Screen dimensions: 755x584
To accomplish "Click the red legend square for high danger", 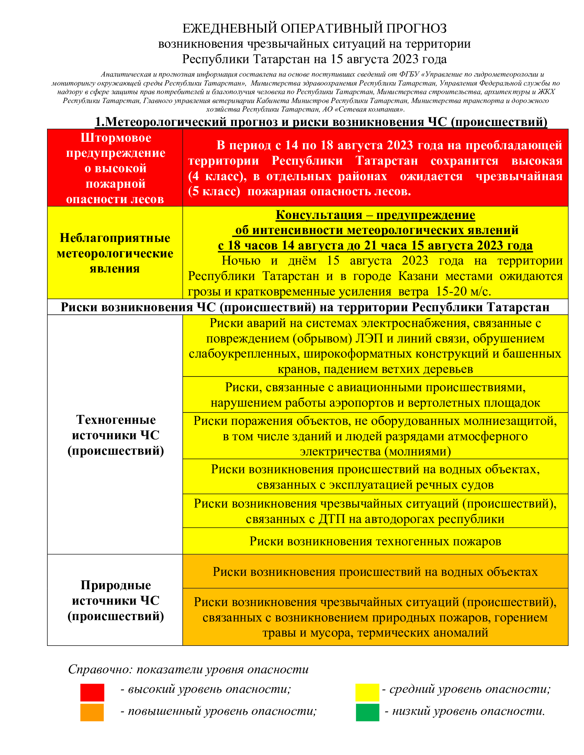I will click(92, 693).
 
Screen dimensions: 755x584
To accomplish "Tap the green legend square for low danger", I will click(368, 712).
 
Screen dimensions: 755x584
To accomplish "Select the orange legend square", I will click(92, 712).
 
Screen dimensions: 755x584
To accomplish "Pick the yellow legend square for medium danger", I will click(368, 693).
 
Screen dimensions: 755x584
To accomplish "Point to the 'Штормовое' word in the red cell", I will click(116, 138).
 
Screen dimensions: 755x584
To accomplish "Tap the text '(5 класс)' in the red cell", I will click(214, 191).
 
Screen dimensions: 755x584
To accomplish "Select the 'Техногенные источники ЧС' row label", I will click(116, 435).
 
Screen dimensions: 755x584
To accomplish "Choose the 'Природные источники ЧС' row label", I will click(116, 601).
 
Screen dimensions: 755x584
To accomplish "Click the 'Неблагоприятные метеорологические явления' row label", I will click(115, 253).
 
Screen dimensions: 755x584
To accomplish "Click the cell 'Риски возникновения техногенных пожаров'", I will click(375, 541).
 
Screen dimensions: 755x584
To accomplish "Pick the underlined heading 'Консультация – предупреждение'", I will click(375, 215).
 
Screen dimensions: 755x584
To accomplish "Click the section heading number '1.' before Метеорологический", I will click(100, 122).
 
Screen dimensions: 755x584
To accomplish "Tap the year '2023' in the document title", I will click(405, 59).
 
